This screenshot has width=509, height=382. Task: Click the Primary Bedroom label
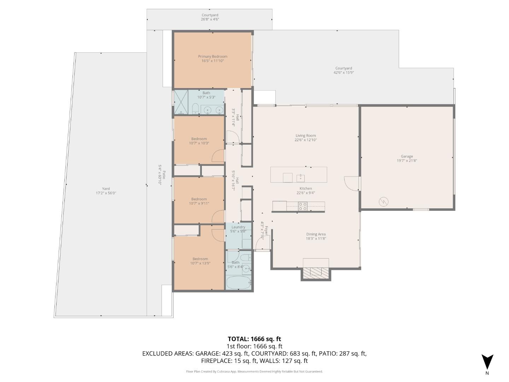[212, 57]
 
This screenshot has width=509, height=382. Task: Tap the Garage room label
[406, 156]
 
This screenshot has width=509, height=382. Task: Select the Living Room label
[305, 135]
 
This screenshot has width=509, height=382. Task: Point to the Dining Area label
[316, 234]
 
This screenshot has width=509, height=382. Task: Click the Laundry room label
[238, 227]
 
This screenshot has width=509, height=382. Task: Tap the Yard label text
[106, 189]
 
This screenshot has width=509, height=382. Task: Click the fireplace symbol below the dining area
[316, 272]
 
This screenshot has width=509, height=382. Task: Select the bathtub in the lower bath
[238, 283]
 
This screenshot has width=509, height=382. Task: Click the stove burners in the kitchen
[302, 206]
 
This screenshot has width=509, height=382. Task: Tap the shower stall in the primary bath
[181, 103]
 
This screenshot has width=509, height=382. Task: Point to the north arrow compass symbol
[487, 362]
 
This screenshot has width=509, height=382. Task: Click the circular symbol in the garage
[384, 202]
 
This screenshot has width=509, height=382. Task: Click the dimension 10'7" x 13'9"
[200, 263]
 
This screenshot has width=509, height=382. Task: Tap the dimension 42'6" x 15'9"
[344, 73]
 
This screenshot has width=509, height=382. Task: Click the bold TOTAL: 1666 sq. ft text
[254, 339]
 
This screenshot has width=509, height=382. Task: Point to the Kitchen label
[306, 189]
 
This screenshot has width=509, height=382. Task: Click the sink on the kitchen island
[300, 177]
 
